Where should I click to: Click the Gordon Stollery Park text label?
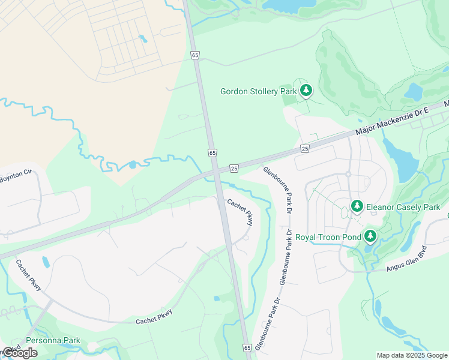[258, 91]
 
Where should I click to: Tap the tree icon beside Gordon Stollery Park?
[307, 91]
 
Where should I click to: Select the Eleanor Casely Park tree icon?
[357, 206]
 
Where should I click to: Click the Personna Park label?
[52, 340]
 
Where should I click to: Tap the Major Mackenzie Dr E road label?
[391, 121]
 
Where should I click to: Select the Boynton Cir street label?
[16, 176]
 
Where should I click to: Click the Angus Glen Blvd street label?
[404, 258]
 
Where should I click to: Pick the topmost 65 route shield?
[194, 55]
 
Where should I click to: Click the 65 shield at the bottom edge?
[247, 348]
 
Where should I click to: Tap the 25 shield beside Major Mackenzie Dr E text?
[305, 148]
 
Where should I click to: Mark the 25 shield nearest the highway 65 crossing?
[234, 167]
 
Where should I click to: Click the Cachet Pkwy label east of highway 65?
[240, 212]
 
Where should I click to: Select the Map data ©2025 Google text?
[412, 355]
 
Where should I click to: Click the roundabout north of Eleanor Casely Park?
[348, 175]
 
